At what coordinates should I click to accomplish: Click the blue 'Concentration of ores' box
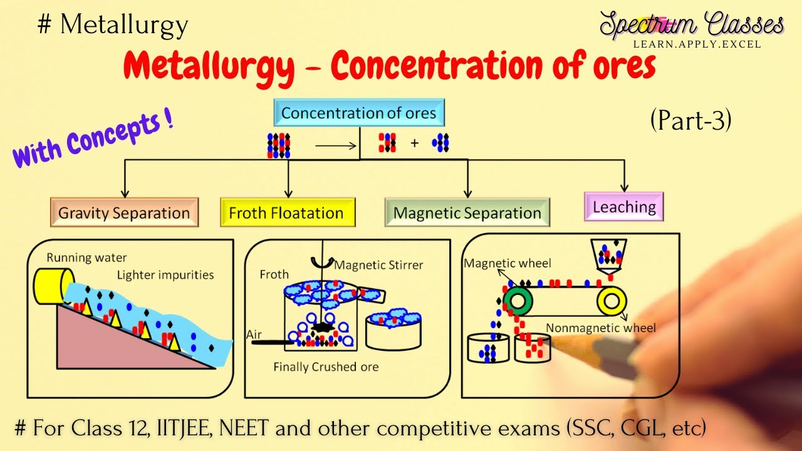tap(358, 113)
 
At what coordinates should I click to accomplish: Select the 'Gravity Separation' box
tap(124, 212)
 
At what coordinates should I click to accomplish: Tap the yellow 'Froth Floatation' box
tap(287, 212)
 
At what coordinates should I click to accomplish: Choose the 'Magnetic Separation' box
tap(467, 213)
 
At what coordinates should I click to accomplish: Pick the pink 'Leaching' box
tap(623, 207)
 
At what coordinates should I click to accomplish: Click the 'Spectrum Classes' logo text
tap(692, 26)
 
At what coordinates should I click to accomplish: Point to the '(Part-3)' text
tap(690, 120)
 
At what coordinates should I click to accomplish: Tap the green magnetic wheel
tap(518, 301)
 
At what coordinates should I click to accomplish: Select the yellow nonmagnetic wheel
tap(612, 301)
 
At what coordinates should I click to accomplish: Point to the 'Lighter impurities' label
tap(165, 275)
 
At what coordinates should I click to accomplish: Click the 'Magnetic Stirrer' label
tap(378, 265)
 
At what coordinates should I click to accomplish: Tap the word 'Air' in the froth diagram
tap(254, 335)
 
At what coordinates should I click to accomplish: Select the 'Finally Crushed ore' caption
tap(326, 366)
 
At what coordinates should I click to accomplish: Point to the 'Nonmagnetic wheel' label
tap(601, 328)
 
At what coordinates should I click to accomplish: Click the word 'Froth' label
tap(274, 274)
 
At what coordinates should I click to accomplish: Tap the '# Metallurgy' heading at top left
tap(113, 25)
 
